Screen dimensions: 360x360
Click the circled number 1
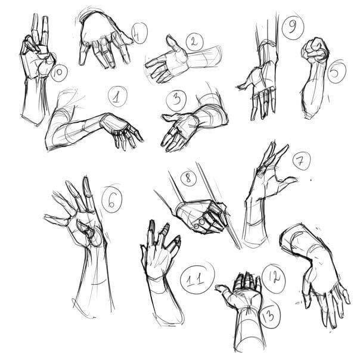coord(117,97)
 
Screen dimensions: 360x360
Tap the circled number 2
coord(195,42)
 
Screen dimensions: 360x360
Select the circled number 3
coord(176,100)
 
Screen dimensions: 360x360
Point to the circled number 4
coord(138,34)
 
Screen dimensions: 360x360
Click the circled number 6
coord(112,199)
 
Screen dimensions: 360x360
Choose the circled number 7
coord(301,161)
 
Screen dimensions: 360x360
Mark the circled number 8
coord(188,178)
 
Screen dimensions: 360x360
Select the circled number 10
coord(58,73)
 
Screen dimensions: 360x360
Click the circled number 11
coord(196,280)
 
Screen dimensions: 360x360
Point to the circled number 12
coord(274,278)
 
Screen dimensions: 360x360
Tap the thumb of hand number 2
coord(175,45)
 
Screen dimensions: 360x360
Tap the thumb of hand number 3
coord(170,117)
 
